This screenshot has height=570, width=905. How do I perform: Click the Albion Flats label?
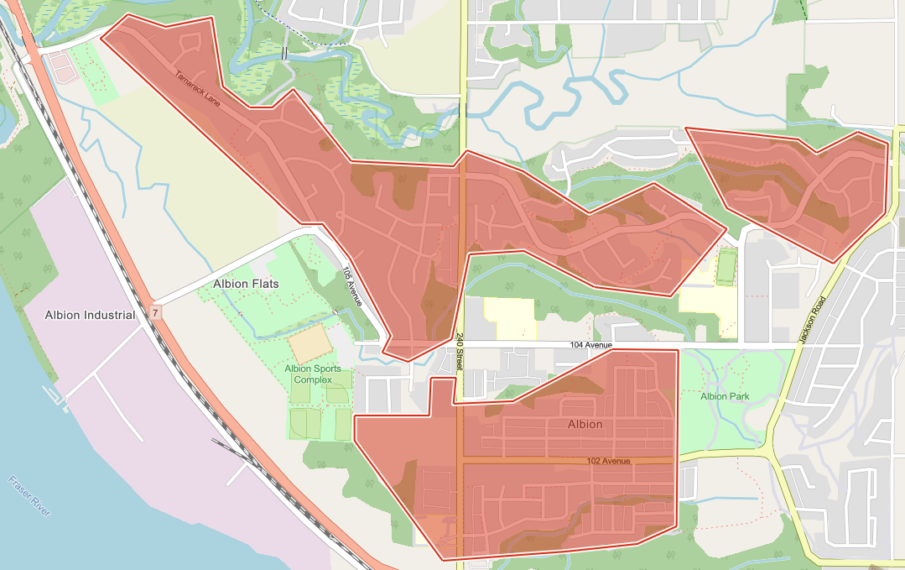(x=246, y=284)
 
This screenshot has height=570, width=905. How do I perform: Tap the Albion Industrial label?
(x=91, y=315)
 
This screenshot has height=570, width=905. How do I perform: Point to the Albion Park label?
(x=725, y=396)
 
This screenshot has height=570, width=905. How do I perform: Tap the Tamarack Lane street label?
(x=198, y=91)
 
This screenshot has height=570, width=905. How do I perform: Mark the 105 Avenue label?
(x=351, y=285)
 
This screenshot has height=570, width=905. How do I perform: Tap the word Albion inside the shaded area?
(x=585, y=424)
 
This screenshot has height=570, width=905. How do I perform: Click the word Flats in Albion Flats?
(x=263, y=284)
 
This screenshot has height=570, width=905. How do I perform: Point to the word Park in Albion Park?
(x=740, y=396)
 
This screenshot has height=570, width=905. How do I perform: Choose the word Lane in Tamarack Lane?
(x=211, y=101)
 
